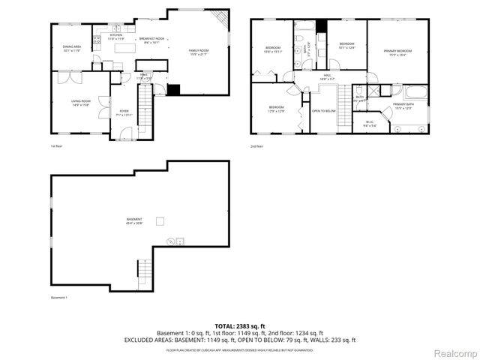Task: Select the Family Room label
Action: tap(199, 52)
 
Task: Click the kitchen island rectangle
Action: tap(124, 49)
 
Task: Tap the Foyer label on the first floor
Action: tap(124, 112)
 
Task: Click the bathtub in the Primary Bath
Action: tap(415, 94)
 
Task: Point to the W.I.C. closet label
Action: tap(370, 124)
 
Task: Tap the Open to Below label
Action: tap(324, 111)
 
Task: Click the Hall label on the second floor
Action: tap(327, 76)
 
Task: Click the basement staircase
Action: tap(144, 268)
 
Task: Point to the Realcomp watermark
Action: tap(455, 352)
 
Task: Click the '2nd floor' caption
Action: tap(256, 145)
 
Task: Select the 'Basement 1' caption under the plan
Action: tap(59, 298)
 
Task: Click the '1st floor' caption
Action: tap(55, 145)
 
